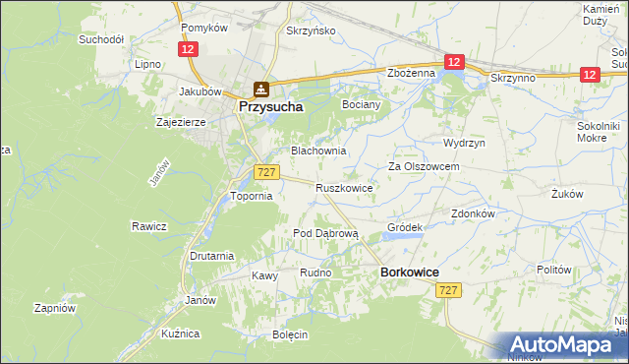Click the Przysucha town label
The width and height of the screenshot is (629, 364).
[268, 106]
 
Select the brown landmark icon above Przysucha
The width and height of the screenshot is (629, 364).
[259, 89]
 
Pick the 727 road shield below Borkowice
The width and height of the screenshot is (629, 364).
[449, 289]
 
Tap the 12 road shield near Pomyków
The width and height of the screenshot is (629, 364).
[187, 48]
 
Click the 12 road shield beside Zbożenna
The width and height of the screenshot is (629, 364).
[453, 62]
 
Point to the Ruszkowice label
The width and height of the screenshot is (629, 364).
[343, 187]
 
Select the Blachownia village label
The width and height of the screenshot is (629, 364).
[317, 151]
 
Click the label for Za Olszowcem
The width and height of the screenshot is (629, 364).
[424, 167]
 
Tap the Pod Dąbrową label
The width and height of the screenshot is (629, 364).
[326, 233]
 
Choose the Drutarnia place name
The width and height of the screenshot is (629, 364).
[212, 256]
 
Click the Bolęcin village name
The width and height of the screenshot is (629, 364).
[291, 334]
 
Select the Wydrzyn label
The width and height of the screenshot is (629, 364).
[464, 143]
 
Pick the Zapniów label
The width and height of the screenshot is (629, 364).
[55, 307]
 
